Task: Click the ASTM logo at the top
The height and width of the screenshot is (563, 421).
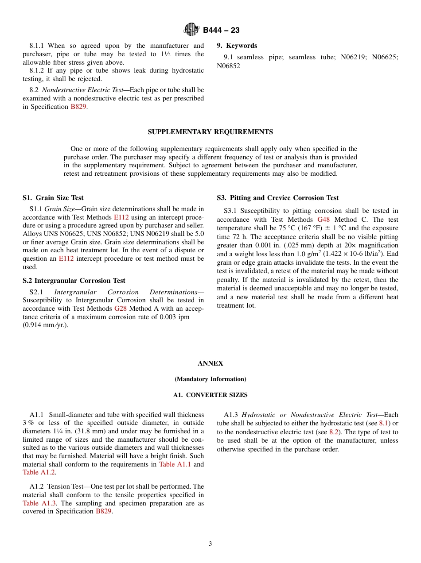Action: (191, 30)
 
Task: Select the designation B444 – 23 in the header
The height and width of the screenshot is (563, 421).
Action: (221, 30)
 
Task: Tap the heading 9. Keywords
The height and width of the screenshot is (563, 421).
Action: (237, 46)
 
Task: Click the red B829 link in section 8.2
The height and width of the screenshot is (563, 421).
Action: (78, 107)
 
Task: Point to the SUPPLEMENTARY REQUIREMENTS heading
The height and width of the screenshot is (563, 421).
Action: (210, 132)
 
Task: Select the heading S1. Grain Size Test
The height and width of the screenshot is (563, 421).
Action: (53, 198)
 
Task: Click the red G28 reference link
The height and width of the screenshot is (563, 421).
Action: (121, 308)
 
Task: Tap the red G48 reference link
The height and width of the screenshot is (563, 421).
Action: (324, 220)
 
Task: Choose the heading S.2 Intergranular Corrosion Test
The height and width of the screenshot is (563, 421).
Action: (74, 281)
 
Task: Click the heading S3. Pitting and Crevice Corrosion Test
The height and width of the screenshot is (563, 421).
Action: (277, 198)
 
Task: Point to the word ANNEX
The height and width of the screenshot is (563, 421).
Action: (210, 363)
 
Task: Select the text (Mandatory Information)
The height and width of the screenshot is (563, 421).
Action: (210, 379)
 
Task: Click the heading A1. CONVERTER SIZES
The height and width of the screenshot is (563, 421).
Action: (210, 395)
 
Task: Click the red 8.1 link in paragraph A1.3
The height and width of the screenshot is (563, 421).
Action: (383, 424)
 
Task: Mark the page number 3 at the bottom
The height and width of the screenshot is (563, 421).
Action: (210, 544)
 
